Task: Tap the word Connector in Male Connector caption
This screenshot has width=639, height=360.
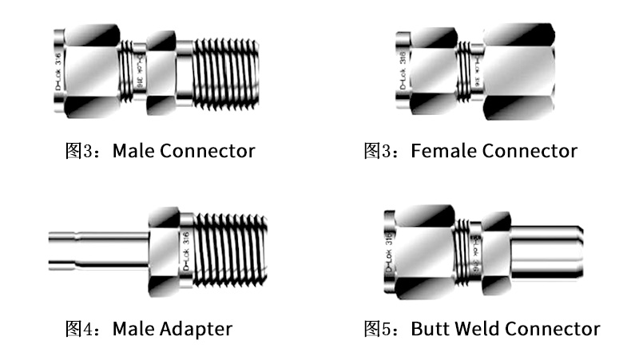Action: tap(208, 150)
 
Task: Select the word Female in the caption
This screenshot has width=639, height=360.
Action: tap(443, 150)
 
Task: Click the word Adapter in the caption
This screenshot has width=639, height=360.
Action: tap(196, 328)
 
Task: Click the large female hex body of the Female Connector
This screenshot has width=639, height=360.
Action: tap(519, 72)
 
